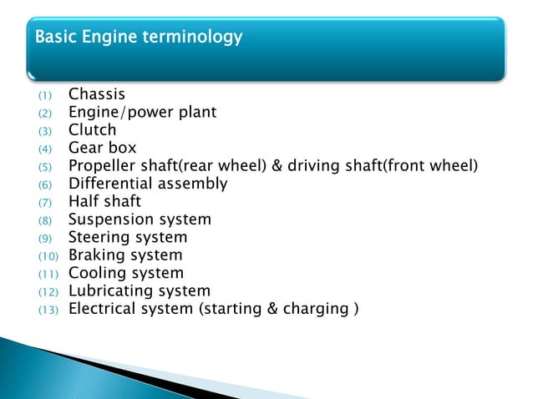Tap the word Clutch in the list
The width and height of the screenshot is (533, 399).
coord(92,130)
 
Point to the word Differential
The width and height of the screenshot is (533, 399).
coord(109,184)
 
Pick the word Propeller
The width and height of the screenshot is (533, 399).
coord(102,167)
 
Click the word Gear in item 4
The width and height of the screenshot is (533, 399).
coord(85,149)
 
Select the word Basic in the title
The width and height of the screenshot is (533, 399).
coord(53,38)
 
